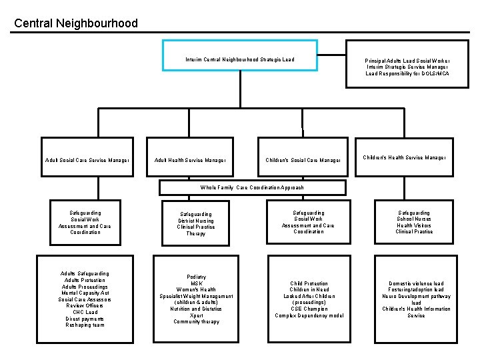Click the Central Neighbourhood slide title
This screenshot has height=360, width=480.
click(x=76, y=23)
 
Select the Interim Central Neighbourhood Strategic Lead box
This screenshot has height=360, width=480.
click(x=240, y=56)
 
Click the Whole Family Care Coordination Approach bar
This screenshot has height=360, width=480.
click(x=252, y=187)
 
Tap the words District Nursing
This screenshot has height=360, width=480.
click(x=196, y=221)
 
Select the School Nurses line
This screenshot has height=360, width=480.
click(x=414, y=219)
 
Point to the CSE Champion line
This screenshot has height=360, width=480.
click(x=309, y=309)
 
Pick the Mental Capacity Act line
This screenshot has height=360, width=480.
click(x=85, y=293)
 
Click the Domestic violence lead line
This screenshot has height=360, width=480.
click(x=416, y=283)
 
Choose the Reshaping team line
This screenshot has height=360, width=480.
click(x=85, y=325)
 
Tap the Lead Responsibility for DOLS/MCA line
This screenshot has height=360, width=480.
click(x=407, y=73)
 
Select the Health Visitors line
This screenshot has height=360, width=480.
click(x=414, y=225)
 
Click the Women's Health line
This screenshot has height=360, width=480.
click(x=196, y=290)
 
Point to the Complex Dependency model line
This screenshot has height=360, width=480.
click(x=309, y=315)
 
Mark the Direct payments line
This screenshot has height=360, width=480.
click(x=85, y=319)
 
